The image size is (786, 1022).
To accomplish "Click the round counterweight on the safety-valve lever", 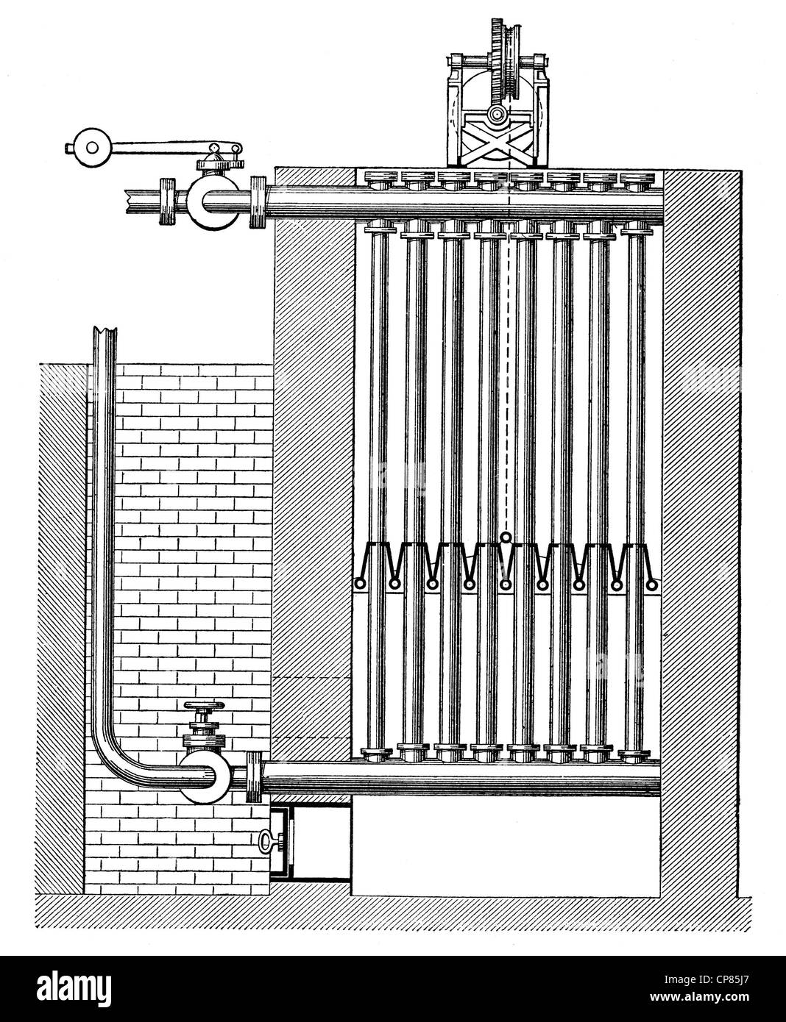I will click(x=91, y=147).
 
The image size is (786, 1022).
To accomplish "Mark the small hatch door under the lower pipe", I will click(x=310, y=842).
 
